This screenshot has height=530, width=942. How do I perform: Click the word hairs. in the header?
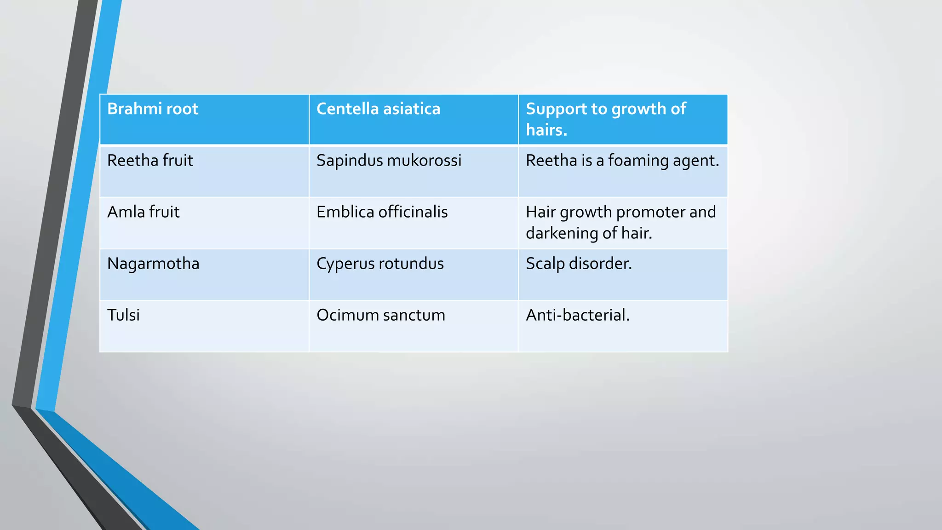point(546,130)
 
